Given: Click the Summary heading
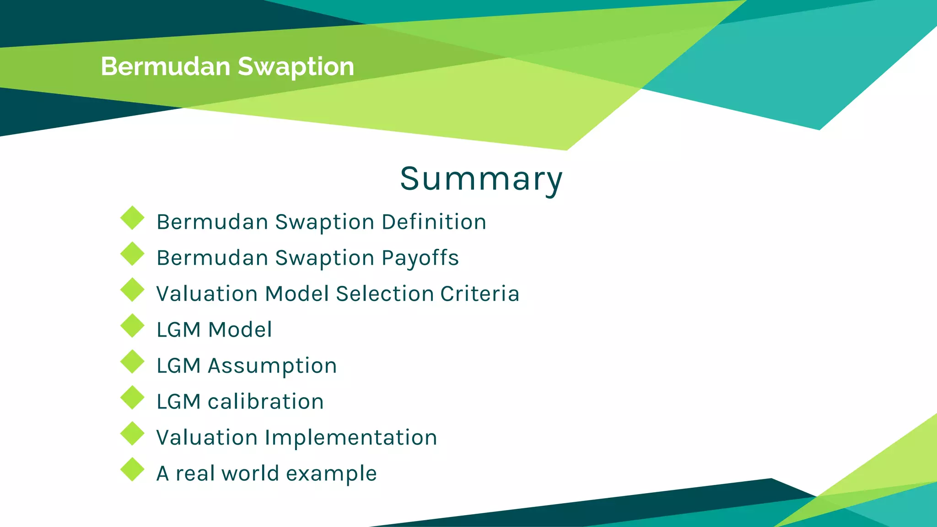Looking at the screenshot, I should (x=481, y=179).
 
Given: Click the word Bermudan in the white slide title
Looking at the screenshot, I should (x=165, y=66).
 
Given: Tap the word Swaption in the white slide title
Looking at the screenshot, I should (x=296, y=67).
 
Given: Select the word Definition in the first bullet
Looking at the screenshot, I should (x=434, y=222).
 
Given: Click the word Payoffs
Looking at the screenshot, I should (x=420, y=258).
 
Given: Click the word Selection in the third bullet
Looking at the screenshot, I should (x=384, y=294).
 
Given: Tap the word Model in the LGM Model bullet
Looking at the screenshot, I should (x=240, y=330).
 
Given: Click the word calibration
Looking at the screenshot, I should (x=265, y=402).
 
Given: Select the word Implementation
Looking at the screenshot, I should (x=351, y=438).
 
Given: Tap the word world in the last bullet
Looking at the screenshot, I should (x=250, y=473).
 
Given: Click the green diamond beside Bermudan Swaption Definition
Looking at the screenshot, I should (x=132, y=218).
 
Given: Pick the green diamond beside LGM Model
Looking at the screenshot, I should (x=132, y=326).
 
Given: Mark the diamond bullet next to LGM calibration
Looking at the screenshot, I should (x=132, y=398).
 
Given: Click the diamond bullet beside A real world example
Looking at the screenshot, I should (x=132, y=469).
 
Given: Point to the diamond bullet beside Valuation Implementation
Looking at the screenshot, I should (x=132, y=434).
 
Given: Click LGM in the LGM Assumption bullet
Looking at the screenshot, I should (x=178, y=366).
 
